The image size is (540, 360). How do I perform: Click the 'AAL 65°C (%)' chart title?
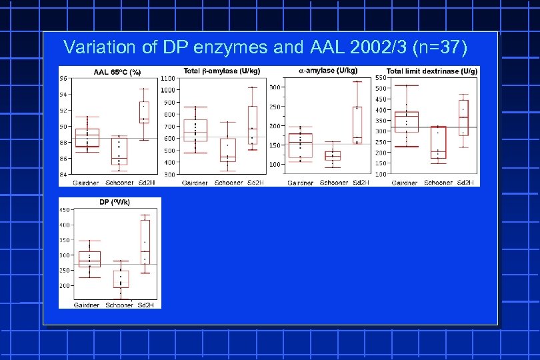117,71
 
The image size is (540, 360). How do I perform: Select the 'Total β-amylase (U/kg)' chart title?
222,71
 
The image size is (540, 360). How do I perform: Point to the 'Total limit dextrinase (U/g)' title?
432,71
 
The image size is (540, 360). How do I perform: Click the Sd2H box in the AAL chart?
144,113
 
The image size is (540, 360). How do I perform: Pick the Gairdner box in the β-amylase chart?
195,131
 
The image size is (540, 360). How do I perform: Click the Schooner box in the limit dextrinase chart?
438,142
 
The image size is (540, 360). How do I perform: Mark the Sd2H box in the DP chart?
145,242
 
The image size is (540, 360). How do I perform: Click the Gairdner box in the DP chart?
89,259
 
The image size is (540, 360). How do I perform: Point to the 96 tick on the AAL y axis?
63,78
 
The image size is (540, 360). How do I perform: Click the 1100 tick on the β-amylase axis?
168,78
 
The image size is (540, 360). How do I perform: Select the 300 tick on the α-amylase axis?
274,87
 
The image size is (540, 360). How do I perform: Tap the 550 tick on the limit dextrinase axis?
380,78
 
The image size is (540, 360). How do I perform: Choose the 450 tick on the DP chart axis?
64,210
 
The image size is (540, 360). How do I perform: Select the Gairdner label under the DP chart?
87,305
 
